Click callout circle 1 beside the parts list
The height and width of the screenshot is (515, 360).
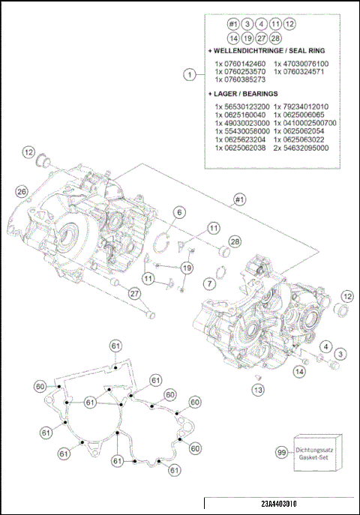[190, 74]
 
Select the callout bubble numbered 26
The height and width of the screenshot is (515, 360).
[22, 192]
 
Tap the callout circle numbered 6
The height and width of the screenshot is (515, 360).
[179, 214]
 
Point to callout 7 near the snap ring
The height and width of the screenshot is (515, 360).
[209, 283]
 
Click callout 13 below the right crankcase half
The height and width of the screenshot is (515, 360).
[257, 390]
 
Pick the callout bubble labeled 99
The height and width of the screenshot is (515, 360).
[281, 453]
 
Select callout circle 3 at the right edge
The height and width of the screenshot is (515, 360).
[340, 352]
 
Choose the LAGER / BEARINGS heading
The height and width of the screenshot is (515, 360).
[243, 94]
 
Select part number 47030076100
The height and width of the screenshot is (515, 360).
[301, 64]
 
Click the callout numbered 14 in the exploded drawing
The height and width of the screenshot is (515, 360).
[299, 371]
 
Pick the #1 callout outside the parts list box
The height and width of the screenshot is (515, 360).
[239, 200]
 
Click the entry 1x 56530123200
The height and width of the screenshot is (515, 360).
[240, 106]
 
